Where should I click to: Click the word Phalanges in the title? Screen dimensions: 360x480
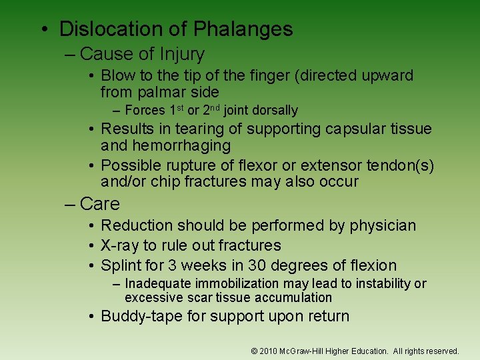[243, 29]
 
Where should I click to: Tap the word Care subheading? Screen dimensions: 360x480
[99, 203]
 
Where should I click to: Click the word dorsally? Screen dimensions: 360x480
[275, 111]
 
